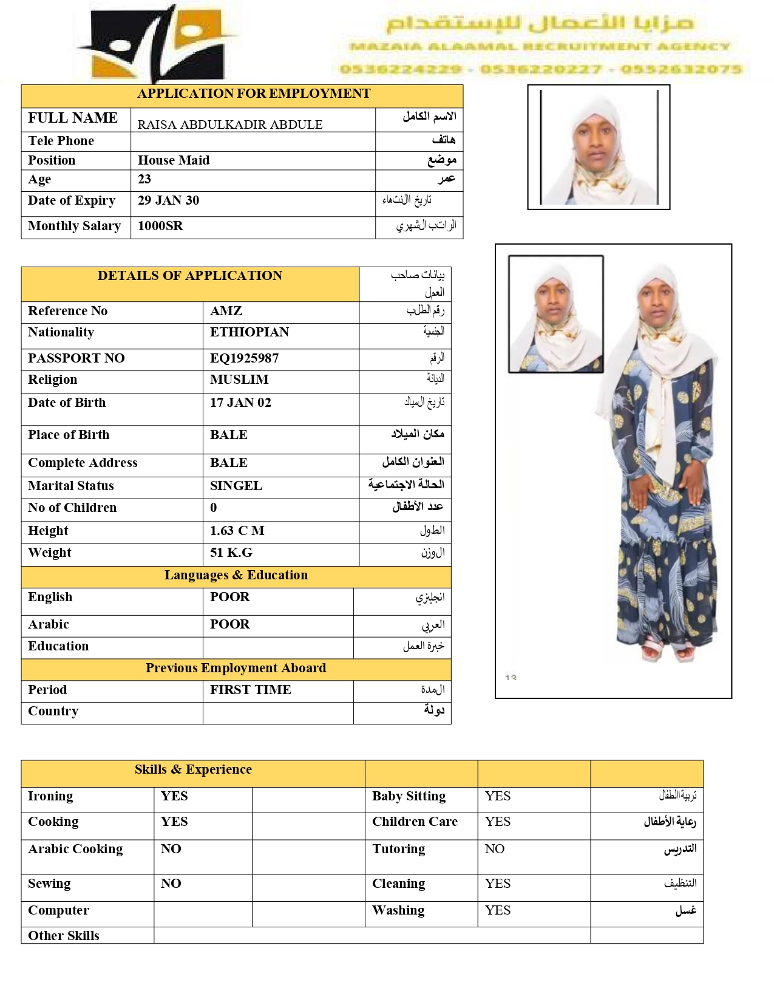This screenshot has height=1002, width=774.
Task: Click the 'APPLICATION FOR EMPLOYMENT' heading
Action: [254, 94]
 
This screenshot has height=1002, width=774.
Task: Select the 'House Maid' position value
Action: [174, 160]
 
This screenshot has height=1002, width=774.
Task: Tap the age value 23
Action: [144, 179]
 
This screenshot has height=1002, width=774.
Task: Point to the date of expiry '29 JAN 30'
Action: [168, 200]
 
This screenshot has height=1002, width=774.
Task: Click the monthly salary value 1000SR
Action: [160, 226]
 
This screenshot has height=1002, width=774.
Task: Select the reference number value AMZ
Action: [226, 311]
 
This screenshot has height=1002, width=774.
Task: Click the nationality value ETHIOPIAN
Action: [250, 332]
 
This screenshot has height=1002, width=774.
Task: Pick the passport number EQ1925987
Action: [245, 358]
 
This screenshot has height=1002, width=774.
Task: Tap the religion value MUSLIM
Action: [239, 380]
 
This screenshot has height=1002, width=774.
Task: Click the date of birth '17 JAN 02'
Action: [240, 403]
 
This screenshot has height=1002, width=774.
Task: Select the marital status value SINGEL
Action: [236, 486]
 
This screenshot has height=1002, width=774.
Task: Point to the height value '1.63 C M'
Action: [237, 531]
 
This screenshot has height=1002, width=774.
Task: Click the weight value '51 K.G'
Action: [231, 553]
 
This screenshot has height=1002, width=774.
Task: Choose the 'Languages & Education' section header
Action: [236, 575]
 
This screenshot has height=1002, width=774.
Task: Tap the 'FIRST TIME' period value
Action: [251, 690]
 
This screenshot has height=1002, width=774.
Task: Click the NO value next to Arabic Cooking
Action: [171, 849]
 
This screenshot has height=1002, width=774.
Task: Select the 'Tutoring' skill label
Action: [399, 849]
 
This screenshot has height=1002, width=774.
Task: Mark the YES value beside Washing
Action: [498, 910]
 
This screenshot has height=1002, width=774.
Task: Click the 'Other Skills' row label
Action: [64, 936]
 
